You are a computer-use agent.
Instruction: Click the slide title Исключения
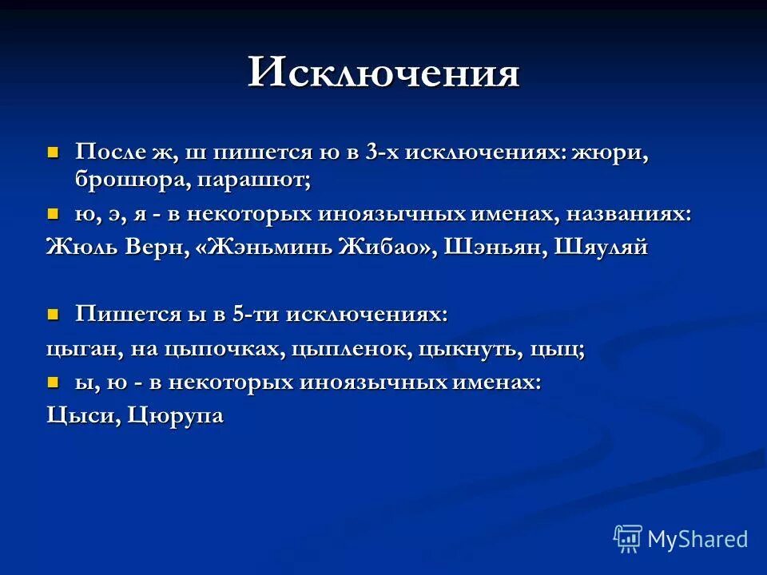point(383,73)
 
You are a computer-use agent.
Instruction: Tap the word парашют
point(254,180)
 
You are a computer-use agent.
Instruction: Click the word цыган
point(80,350)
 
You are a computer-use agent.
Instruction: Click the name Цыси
point(77,416)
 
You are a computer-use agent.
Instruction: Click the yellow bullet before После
point(54,151)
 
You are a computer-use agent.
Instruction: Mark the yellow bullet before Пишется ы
point(54,314)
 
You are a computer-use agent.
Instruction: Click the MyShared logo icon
point(628,539)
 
